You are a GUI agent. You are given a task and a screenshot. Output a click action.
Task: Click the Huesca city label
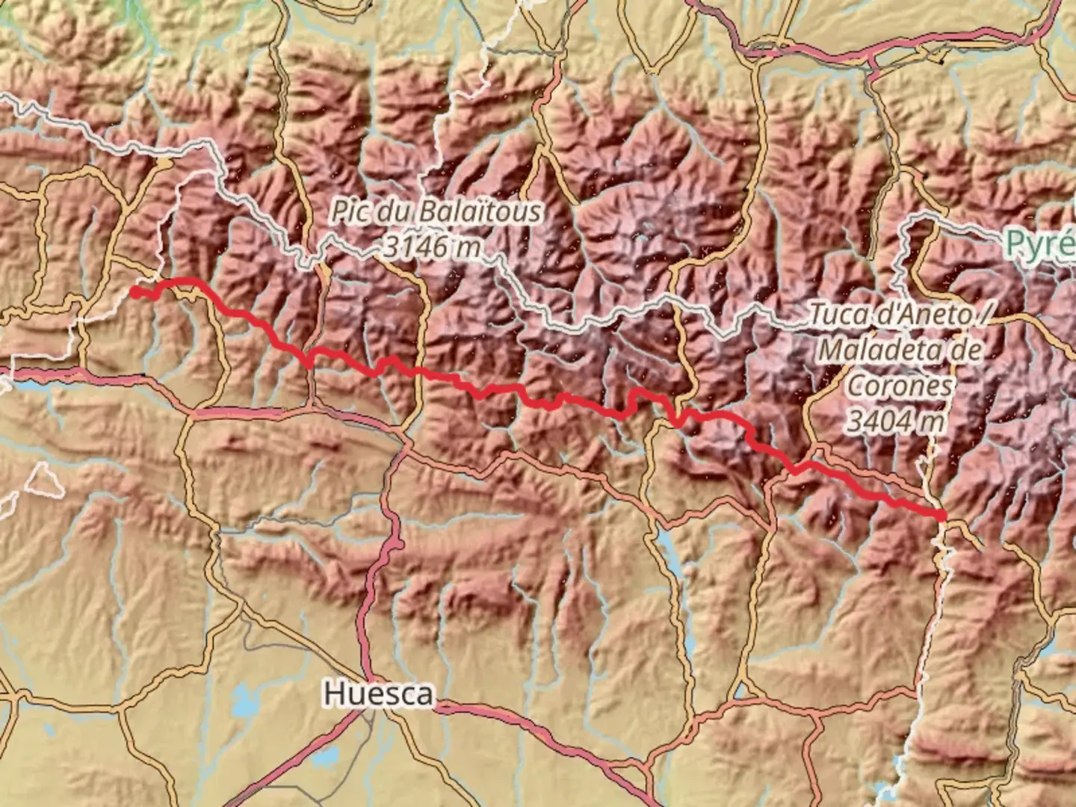coord(378,694)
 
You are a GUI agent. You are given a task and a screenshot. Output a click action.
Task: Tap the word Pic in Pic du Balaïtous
coord(351,212)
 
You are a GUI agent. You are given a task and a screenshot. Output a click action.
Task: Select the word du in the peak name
coord(392,212)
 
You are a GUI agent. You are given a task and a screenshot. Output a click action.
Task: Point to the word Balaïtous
coord(478,212)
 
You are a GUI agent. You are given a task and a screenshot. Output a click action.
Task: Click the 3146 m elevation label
coord(431,245)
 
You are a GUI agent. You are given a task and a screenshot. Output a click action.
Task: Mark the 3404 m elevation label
coord(894,421)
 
